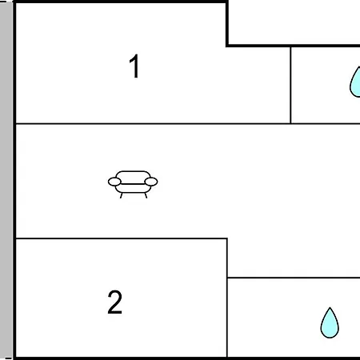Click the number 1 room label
(134, 66)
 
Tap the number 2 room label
(115, 302)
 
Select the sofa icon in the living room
(133, 184)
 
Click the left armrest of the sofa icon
(114, 182)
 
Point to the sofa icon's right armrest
(151, 182)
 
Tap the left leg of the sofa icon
(122, 195)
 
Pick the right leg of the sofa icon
(146, 195)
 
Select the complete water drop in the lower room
(330, 323)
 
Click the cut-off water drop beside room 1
(356, 82)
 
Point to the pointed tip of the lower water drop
(330, 308)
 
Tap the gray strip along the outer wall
(6, 180)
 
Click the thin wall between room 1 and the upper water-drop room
(290, 85)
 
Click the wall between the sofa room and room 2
(122, 238)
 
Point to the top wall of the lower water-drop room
(294, 278)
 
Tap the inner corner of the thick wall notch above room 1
(227, 46)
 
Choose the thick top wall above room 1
(120, 2)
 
